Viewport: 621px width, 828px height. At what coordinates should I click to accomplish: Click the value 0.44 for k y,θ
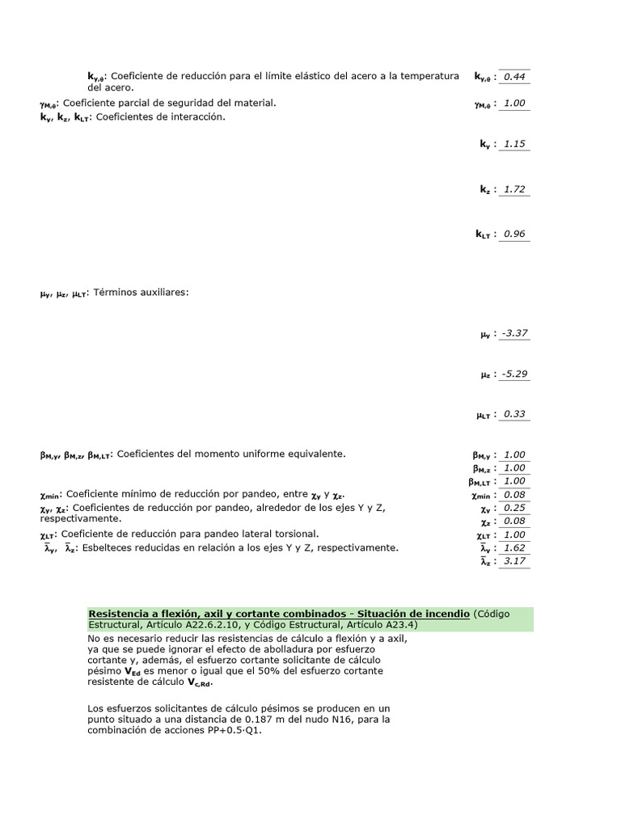point(513,77)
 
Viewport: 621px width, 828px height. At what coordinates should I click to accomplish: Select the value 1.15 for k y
point(513,144)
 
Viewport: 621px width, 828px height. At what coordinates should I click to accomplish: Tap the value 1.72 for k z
point(513,189)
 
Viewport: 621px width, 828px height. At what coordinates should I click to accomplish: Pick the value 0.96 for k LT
point(513,234)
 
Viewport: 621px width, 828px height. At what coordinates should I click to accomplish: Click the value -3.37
point(514,333)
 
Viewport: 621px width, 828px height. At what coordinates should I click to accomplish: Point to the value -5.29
point(514,374)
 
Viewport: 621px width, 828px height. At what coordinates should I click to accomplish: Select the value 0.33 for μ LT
point(513,414)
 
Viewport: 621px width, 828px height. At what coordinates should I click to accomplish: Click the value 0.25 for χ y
point(513,508)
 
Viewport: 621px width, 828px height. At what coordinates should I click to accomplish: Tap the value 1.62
point(513,547)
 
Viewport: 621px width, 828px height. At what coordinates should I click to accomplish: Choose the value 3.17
point(513,560)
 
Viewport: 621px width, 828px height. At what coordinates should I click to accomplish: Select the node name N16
point(360,719)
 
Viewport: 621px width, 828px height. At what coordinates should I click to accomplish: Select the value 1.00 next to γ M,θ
point(513,103)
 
